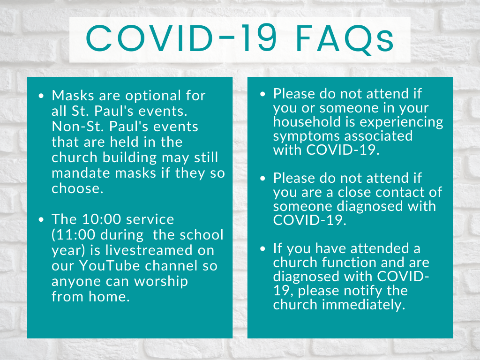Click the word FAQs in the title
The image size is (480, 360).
click(x=345, y=39)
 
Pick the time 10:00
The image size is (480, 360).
click(x=102, y=219)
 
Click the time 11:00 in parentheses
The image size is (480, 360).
click(x=75, y=235)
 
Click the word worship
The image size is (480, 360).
click(x=161, y=282)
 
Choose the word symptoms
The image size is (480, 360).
click(x=310, y=136)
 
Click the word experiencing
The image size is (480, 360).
click(x=401, y=122)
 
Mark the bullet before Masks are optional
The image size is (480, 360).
click(x=41, y=96)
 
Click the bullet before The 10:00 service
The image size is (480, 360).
click(x=41, y=219)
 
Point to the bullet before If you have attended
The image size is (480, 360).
click(x=262, y=248)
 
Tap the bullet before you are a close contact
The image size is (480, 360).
click(x=262, y=179)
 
